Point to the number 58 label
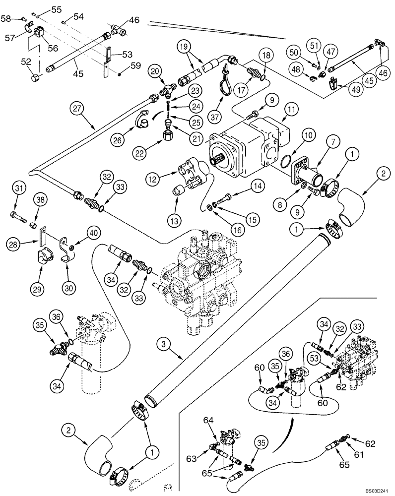coord(5,18)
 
